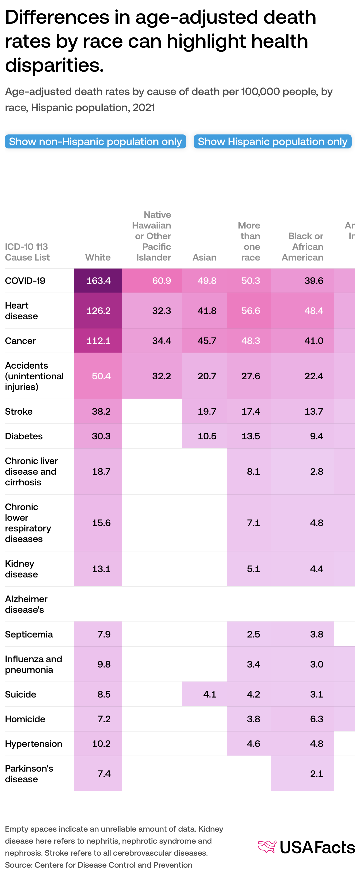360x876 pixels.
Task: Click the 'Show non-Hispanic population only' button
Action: (x=96, y=141)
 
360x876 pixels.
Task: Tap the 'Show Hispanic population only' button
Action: (x=272, y=141)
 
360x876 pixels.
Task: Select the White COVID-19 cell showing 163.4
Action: (x=98, y=281)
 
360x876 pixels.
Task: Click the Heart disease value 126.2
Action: (x=98, y=311)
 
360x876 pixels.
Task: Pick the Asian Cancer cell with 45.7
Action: (x=207, y=340)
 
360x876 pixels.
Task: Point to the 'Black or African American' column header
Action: (x=303, y=247)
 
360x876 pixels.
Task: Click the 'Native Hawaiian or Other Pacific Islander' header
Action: (x=153, y=236)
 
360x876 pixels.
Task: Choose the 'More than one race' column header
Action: (x=250, y=241)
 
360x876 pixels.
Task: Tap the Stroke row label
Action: (x=19, y=411)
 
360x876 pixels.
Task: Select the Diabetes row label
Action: (x=24, y=436)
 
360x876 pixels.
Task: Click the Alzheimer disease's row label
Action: (x=26, y=604)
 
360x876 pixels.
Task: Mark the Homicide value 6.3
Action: (x=316, y=719)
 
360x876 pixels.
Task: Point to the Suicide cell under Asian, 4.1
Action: (x=209, y=694)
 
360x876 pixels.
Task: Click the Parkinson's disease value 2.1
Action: (x=316, y=774)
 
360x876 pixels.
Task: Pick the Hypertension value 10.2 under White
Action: (x=101, y=744)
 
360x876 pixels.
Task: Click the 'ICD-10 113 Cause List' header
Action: (x=27, y=252)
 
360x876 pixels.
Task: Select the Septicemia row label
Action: (x=29, y=634)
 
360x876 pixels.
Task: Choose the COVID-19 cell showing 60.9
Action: (x=161, y=281)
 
